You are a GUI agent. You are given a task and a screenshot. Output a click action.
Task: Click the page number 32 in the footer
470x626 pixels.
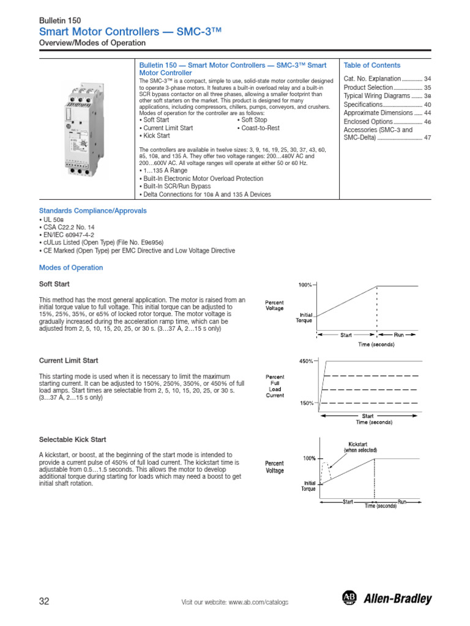click(44, 602)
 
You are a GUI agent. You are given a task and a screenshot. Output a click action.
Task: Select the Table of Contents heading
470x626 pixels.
click(372, 65)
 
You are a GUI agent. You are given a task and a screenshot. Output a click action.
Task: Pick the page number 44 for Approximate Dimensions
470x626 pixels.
click(427, 113)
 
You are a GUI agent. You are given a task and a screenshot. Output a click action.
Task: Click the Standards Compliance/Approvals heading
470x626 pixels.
click(92, 211)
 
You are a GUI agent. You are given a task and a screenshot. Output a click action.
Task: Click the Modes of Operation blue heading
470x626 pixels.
click(71, 268)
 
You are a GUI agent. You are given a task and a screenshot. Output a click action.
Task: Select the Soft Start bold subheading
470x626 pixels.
click(54, 284)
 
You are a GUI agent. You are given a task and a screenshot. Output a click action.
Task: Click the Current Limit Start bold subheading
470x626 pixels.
click(69, 361)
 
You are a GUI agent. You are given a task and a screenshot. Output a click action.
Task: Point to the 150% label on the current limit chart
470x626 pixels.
click(306, 403)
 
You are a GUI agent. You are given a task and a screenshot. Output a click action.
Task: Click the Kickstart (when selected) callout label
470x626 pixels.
click(360, 446)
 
